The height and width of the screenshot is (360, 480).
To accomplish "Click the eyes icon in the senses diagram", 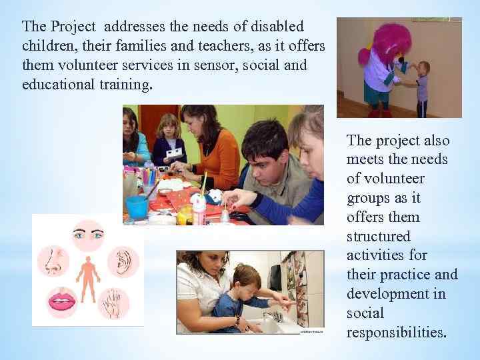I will point(89,235).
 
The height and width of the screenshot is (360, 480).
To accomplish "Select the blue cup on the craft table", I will point(137,206).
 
